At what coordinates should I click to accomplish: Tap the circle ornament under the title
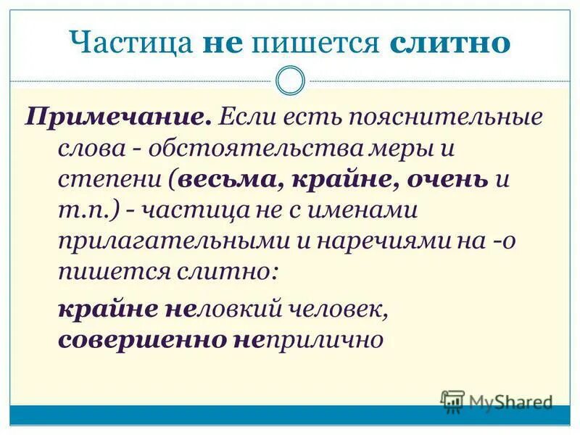pos(291,80)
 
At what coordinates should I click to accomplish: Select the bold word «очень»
pos(447,179)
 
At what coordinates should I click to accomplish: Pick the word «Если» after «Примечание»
pos(247,117)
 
